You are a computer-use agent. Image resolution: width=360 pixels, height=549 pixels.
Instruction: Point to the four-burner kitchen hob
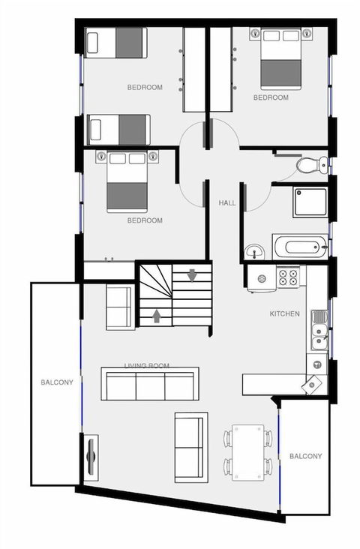pos(288,277)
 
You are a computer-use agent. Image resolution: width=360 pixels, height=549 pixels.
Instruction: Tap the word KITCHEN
pos(285,313)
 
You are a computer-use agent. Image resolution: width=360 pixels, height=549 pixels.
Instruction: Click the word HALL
pos(227,203)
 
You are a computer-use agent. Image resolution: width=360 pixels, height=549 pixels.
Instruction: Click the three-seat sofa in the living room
pos(150,384)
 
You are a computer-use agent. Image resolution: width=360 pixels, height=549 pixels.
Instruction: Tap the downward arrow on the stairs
pos(192,275)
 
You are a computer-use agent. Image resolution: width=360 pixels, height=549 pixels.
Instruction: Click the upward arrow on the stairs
pos(156,316)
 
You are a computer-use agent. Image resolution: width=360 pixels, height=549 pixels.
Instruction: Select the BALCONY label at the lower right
pos(305,456)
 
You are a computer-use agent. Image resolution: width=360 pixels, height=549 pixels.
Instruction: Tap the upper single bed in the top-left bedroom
pos(117,43)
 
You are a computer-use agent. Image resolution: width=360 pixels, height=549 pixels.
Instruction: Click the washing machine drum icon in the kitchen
pos(262,279)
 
